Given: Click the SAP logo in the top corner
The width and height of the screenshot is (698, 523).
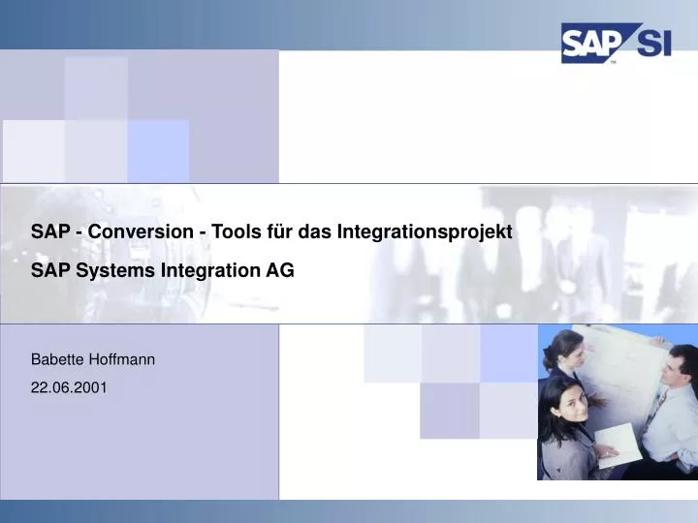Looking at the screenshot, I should pyautogui.click(x=590, y=45).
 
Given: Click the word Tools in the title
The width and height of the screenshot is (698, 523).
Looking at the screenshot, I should pyautogui.click(x=215, y=231).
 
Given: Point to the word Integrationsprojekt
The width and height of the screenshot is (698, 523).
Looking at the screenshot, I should pyautogui.click(x=424, y=231).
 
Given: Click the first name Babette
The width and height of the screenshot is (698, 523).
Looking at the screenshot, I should pyautogui.click(x=56, y=359).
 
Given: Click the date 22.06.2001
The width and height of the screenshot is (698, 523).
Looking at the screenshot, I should pyautogui.click(x=70, y=387).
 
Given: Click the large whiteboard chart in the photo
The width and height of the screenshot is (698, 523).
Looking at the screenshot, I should pyautogui.click(x=620, y=363).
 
